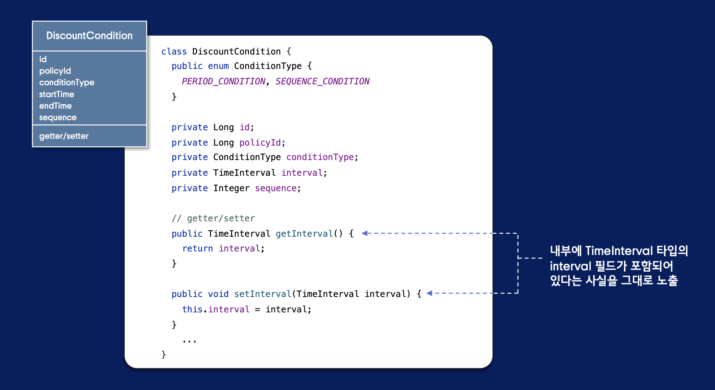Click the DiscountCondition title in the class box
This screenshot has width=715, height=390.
click(x=89, y=36)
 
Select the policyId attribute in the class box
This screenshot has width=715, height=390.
click(x=55, y=71)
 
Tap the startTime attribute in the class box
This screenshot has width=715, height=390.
click(x=56, y=94)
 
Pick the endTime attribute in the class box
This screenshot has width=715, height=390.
click(x=55, y=106)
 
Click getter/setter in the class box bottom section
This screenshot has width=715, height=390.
click(x=64, y=136)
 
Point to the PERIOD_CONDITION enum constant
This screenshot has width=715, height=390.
click(x=223, y=81)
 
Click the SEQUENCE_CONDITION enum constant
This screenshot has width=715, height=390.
click(x=322, y=81)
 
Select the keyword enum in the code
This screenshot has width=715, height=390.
click(x=218, y=66)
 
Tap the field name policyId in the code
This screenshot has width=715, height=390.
click(x=260, y=143)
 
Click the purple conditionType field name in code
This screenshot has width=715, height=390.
click(x=320, y=157)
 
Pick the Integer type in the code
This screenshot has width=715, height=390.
click(x=231, y=188)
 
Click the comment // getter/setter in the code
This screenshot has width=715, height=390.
click(x=213, y=218)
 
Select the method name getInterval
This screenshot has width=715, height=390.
click(x=304, y=234)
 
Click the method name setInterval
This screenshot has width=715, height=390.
click(x=262, y=294)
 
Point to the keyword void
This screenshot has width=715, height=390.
click(x=218, y=294)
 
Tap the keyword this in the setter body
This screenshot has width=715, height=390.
click(x=192, y=309)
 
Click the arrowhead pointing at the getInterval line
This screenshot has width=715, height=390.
click(x=365, y=233)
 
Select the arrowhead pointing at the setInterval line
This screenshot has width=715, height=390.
click(x=430, y=293)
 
